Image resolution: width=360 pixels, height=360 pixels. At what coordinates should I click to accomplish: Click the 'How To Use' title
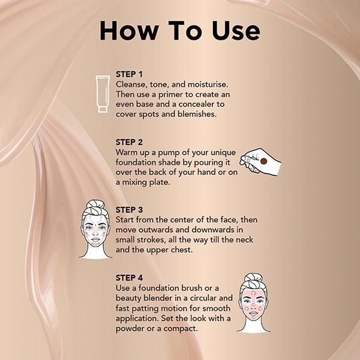[180, 31]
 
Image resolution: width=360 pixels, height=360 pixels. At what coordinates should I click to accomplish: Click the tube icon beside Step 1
[103, 94]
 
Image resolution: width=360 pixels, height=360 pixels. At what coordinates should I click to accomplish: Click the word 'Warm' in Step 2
[128, 152]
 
